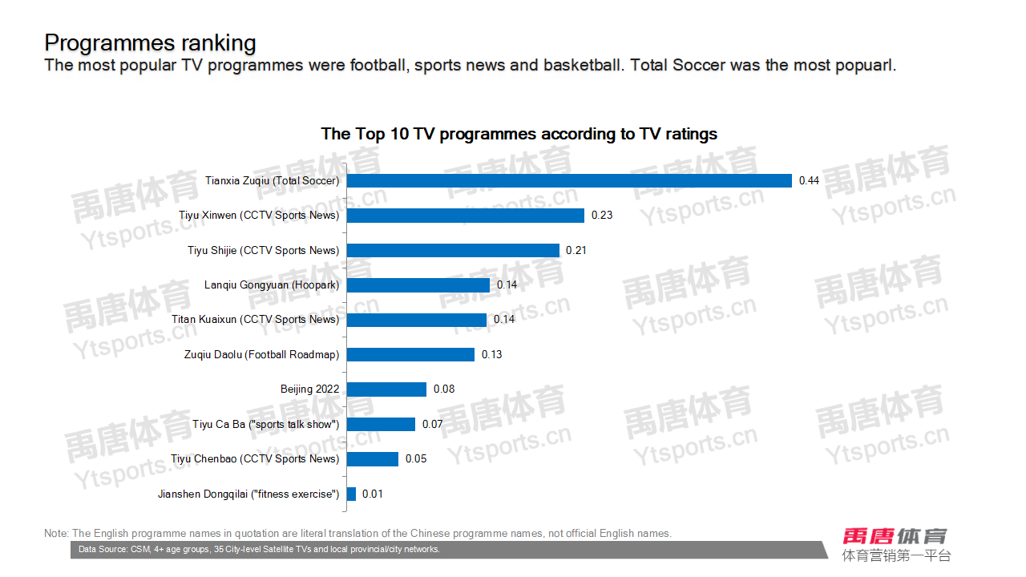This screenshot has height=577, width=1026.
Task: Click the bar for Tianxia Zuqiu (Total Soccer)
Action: click(x=569, y=181)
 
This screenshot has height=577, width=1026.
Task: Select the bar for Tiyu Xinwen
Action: click(x=466, y=216)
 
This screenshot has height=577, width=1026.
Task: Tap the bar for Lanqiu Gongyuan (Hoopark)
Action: click(x=418, y=285)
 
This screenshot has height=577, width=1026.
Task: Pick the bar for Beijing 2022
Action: click(x=386, y=389)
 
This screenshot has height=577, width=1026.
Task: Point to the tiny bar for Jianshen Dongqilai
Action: click(x=351, y=494)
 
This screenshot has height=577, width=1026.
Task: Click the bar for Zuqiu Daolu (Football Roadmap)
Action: click(x=410, y=354)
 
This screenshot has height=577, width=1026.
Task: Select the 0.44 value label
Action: click(x=809, y=181)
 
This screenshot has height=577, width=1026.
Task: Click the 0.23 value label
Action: click(x=602, y=216)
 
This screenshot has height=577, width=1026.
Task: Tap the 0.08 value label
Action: click(x=444, y=389)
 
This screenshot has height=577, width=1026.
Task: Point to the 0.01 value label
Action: click(x=373, y=494)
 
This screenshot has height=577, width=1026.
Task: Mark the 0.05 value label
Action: click(x=416, y=459)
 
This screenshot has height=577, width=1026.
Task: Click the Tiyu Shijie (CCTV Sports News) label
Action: click(x=264, y=251)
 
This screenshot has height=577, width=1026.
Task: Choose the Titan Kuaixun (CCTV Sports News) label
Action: click(x=256, y=320)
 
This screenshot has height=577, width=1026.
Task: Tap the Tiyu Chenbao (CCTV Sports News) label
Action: click(x=255, y=459)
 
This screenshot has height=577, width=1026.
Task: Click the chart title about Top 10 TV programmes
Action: click(x=519, y=134)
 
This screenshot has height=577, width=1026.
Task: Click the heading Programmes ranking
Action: click(x=151, y=42)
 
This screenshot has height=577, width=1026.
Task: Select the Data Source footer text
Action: click(x=260, y=550)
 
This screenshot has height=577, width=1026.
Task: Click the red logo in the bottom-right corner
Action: click(x=895, y=536)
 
